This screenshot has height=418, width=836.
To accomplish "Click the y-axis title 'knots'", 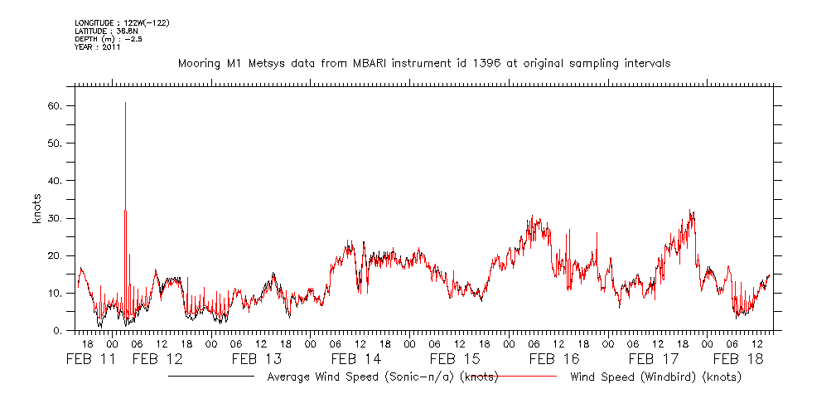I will pos(37,207).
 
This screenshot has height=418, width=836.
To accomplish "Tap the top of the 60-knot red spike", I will pos(125,103).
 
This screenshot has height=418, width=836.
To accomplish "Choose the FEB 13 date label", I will pos(257,359).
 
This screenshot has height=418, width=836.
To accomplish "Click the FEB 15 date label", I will pos(455,359).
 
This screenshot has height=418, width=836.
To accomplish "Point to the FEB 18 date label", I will pos(737,359).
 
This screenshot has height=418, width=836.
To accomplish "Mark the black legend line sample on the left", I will pos(211,377).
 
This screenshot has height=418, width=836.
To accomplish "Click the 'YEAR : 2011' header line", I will pos(98,46).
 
